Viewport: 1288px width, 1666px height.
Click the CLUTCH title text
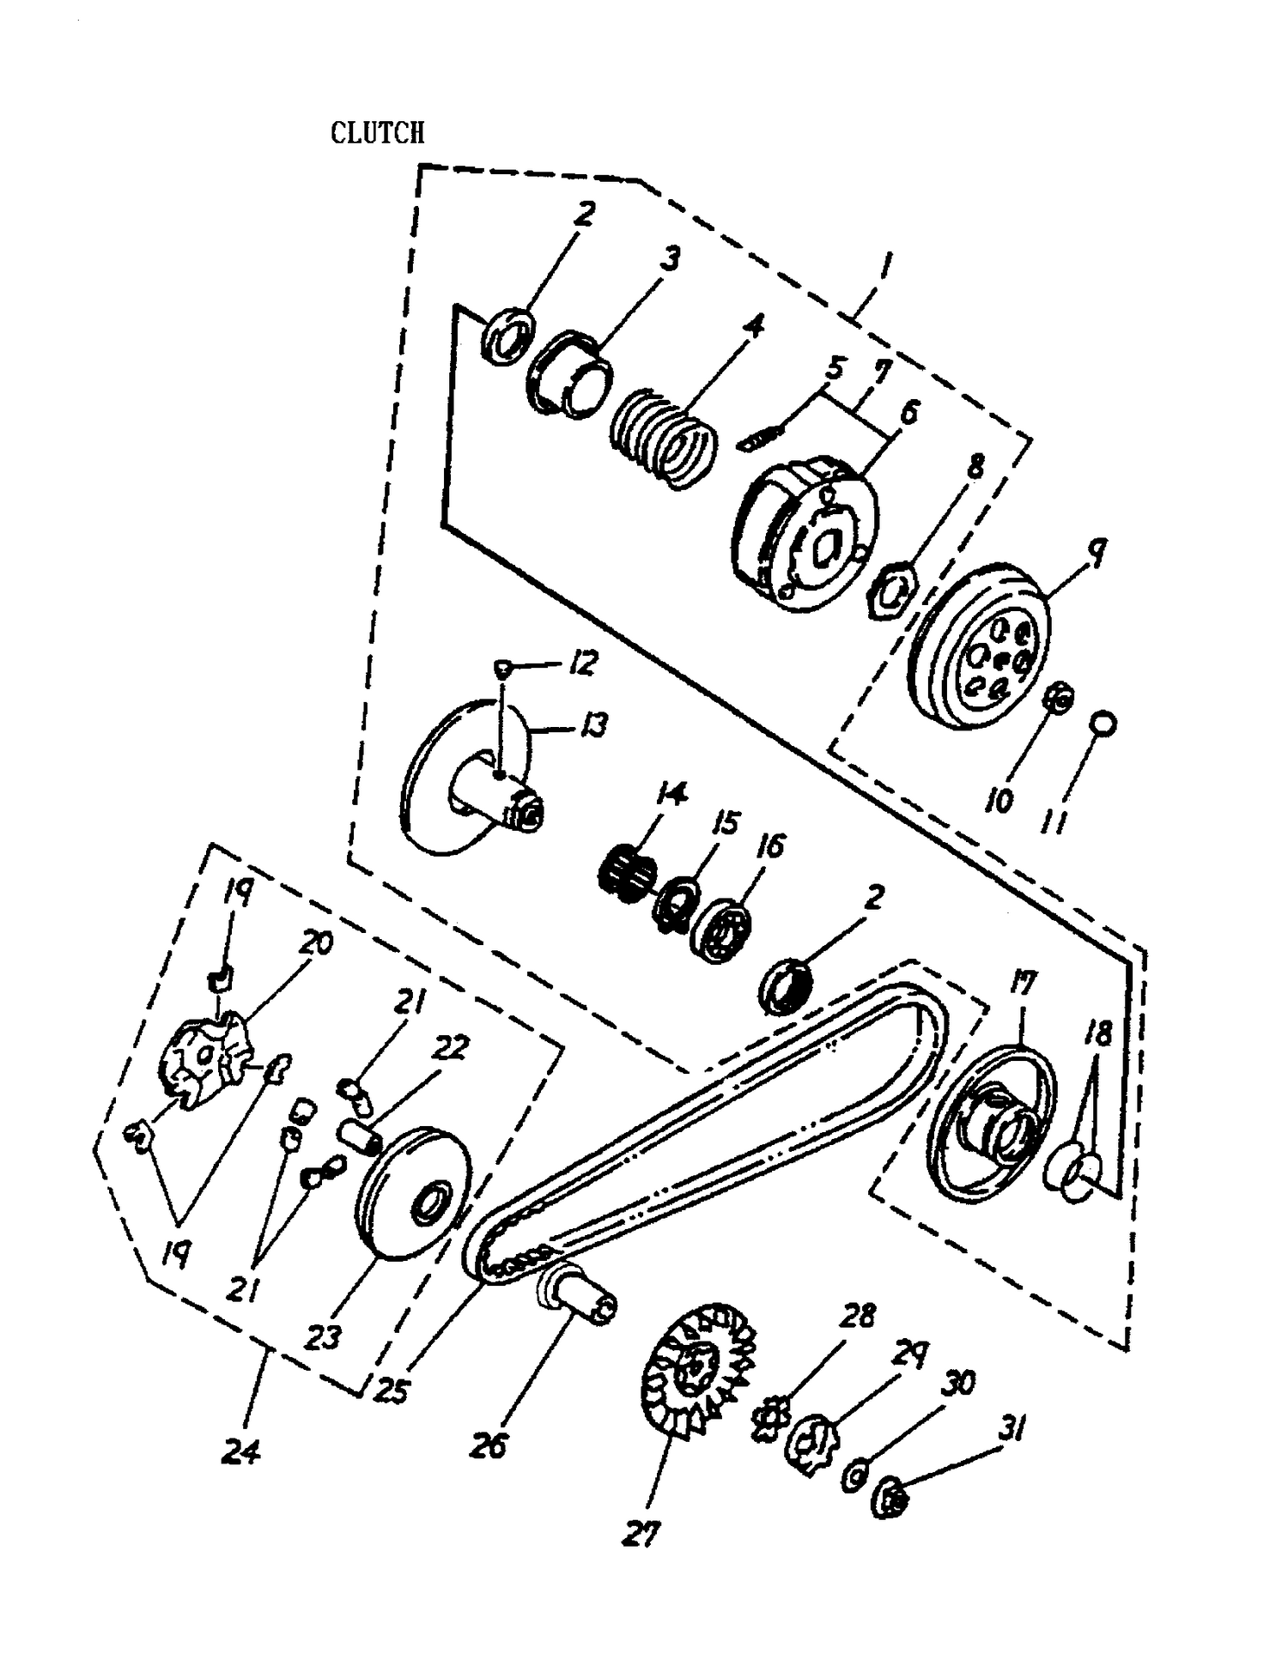[x=377, y=132]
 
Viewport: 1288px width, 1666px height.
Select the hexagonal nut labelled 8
[x=890, y=591]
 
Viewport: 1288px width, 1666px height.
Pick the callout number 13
[x=592, y=725]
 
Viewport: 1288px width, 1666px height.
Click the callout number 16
[x=770, y=846]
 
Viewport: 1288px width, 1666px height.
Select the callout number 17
[x=1024, y=981]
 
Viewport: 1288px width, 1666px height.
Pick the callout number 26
[x=490, y=1445]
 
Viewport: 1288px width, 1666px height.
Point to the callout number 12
[x=583, y=663]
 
